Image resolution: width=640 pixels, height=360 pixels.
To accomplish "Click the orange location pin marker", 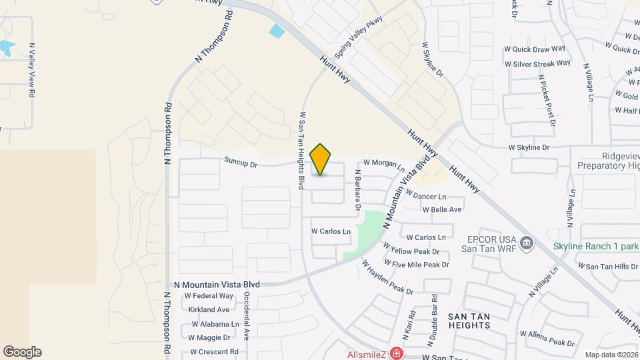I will pyautogui.click(x=321, y=159).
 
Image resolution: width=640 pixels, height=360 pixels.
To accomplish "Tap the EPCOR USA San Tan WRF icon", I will pyautogui.click(x=527, y=242).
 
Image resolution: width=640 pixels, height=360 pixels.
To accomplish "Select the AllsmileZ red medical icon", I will pyautogui.click(x=396, y=353).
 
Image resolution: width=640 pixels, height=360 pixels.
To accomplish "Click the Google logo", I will pyautogui.click(x=22, y=352).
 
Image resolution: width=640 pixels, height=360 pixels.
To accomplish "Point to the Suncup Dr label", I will pyautogui.click(x=241, y=161).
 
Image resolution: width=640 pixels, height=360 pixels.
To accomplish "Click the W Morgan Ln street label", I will pyautogui.click(x=383, y=164).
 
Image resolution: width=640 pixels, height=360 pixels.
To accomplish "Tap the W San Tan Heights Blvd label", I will pyautogui.click(x=302, y=151).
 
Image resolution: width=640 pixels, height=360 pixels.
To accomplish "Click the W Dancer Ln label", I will pyautogui.click(x=438, y=197).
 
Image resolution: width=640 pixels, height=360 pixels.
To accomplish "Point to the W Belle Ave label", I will pyautogui.click(x=442, y=209).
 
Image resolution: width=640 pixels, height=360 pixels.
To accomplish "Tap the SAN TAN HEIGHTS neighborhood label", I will pyautogui.click(x=469, y=320).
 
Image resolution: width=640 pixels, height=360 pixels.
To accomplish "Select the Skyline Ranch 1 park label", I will pyautogui.click(x=596, y=246).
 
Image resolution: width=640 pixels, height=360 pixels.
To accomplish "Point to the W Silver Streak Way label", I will pyautogui.click(x=537, y=63).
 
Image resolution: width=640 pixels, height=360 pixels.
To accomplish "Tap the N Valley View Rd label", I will pyautogui.click(x=31, y=71).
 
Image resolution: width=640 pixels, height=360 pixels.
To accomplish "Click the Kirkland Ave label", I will pyautogui.click(x=209, y=309).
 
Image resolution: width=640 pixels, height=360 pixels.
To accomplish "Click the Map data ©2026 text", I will pyautogui.click(x=611, y=355).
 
